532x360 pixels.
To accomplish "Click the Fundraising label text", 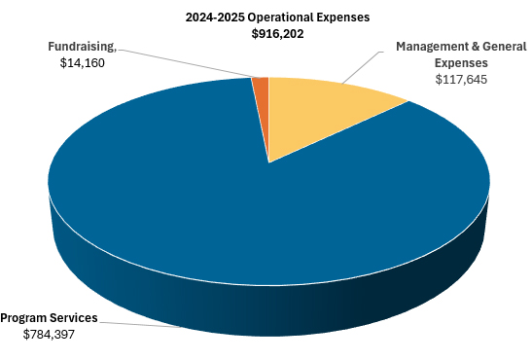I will coord(82,46).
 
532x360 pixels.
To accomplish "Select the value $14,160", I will coord(82,62).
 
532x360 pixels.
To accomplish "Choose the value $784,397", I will coord(49,334).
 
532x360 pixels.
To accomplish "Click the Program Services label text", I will coord(49,317).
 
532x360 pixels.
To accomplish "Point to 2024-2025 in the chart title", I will coord(215,17).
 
